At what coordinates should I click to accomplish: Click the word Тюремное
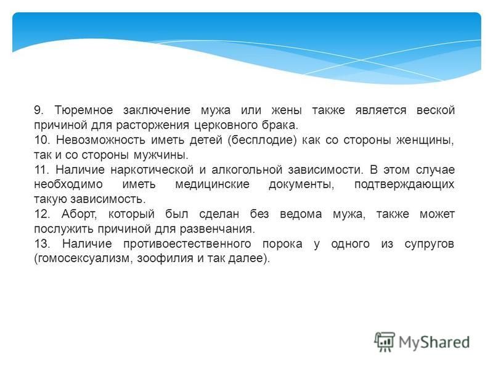coord(84,110)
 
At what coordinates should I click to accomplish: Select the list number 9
coord(38,110)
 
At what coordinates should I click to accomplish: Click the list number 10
coord(41,140)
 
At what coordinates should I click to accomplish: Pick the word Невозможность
coord(100,140)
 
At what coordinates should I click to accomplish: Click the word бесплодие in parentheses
coord(262,140)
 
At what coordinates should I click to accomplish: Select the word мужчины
coord(161,155)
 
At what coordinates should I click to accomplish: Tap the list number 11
coord(41,170)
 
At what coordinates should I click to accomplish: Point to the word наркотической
coord(152,170)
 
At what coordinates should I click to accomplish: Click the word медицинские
coord(212,184)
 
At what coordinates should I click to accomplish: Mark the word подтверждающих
coord(404,184)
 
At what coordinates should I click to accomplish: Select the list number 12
coord(42,214)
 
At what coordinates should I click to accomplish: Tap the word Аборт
coord(79,214)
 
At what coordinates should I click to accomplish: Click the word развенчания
coord(218,229)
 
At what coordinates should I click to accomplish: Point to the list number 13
coord(42,244)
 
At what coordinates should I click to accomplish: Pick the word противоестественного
coord(187,244)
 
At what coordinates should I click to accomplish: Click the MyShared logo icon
coord(384,342)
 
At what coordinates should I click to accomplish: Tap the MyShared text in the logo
coord(434,343)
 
